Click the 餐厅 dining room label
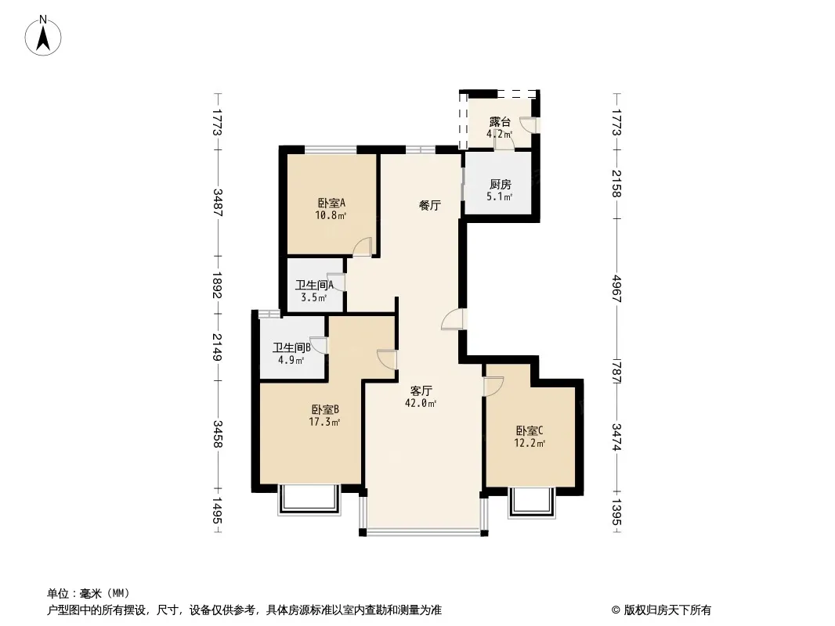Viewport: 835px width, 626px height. pos(429,206)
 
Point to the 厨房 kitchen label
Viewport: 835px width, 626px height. pos(500,185)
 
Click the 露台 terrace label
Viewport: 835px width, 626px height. pos(500,122)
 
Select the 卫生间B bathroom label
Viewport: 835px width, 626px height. pos(292,347)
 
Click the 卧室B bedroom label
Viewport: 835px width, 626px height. pos(324,409)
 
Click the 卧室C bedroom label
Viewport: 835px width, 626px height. pos(530,430)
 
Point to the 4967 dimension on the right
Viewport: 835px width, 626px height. pos(617,290)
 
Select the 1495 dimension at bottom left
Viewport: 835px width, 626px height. pos(217,512)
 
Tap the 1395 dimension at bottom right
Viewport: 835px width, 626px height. pos(617,512)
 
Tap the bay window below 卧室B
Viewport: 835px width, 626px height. pos(310,500)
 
